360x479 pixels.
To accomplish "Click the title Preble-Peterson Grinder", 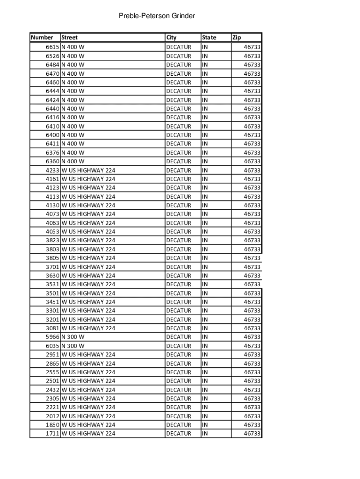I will pyautogui.click(x=157, y=16).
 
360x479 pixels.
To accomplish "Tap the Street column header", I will pyautogui.click(x=70, y=37).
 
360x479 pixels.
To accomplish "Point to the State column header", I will pyautogui.click(x=209, y=37).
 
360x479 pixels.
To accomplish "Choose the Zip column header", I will pyautogui.click(x=237, y=37).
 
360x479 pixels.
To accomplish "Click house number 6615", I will pyautogui.click(x=52, y=47).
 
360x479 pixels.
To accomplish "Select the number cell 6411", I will pyautogui.click(x=52, y=144).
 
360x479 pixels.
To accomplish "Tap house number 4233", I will pyautogui.click(x=52, y=170).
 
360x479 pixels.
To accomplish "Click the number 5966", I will pyautogui.click(x=52, y=337).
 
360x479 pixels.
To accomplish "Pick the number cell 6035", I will pyautogui.click(x=52, y=346).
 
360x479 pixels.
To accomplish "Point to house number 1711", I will pyautogui.click(x=52, y=434).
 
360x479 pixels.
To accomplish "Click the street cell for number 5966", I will pyautogui.click(x=73, y=337).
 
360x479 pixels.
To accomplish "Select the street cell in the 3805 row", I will pyautogui.click(x=88, y=258).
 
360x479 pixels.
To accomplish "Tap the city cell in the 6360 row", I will pyautogui.click(x=179, y=161).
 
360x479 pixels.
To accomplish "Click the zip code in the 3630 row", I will pyautogui.click(x=252, y=276).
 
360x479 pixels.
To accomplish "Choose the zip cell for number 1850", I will pyautogui.click(x=252, y=425).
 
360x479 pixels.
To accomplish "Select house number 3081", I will pyautogui.click(x=52, y=328).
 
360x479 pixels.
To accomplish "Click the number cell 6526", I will pyautogui.click(x=52, y=56).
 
